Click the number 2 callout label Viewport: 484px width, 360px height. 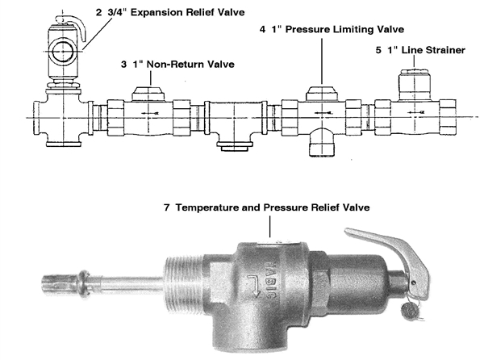click(x=98, y=13)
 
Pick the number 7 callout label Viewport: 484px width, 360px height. click(x=167, y=207)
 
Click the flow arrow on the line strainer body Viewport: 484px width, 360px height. click(x=415, y=112)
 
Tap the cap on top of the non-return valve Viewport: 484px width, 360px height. click(x=148, y=94)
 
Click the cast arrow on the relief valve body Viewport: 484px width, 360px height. click(x=254, y=287)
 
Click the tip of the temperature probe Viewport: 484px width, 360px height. click(x=42, y=281)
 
